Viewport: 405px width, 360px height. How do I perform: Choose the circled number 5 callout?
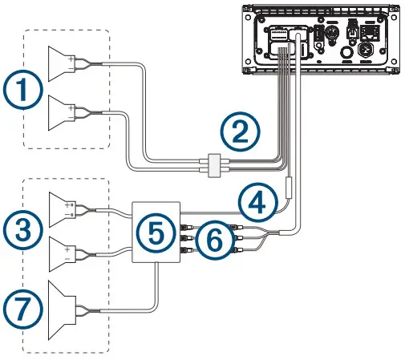click(155, 231)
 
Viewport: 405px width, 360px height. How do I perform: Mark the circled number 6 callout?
click(210, 239)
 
